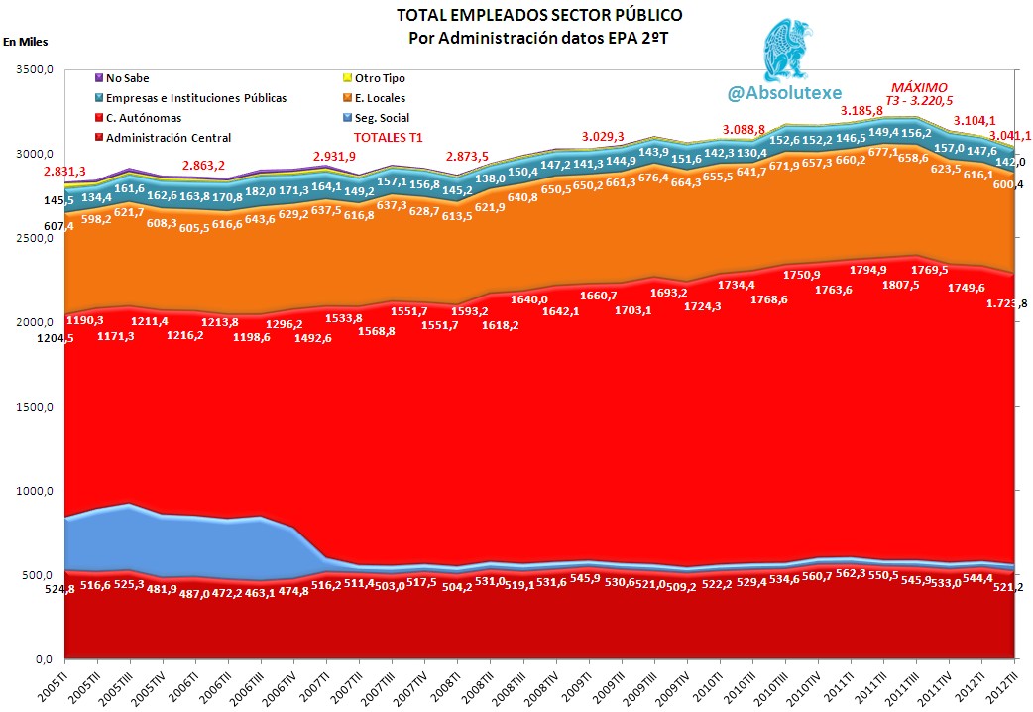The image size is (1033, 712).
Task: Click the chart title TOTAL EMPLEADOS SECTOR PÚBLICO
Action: coord(539,16)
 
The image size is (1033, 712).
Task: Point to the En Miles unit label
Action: coord(25,42)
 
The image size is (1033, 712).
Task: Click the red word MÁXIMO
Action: coord(919,87)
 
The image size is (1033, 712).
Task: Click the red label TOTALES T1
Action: coord(389,138)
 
